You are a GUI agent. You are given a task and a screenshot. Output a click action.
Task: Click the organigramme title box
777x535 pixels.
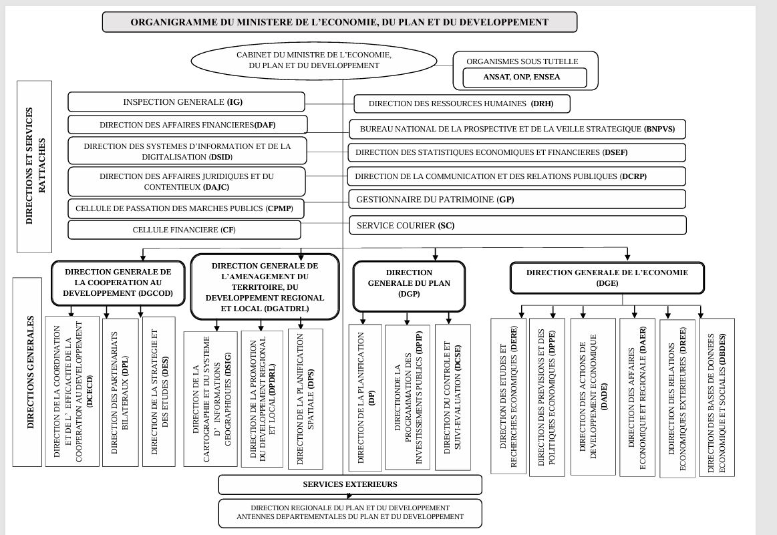(x=339, y=22)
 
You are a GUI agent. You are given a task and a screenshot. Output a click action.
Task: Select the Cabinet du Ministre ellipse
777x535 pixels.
(x=314, y=60)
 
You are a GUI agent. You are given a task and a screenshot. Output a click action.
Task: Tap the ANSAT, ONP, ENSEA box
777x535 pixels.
(x=522, y=77)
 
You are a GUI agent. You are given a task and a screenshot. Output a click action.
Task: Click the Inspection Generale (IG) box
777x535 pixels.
(x=186, y=102)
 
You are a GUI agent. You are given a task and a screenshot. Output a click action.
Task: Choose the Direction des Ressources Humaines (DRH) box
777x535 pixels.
(x=461, y=104)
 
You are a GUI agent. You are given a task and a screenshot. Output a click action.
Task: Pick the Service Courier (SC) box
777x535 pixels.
(x=517, y=226)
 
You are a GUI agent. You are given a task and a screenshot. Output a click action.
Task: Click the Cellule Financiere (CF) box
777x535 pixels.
(x=184, y=230)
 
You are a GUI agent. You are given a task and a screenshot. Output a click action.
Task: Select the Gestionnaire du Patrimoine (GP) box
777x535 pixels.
(x=517, y=199)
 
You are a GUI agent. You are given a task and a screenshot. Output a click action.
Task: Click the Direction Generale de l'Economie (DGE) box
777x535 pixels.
(x=607, y=278)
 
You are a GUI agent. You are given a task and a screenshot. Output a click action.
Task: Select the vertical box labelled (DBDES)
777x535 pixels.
(x=717, y=395)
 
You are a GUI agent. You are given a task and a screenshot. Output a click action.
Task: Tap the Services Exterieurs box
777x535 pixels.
(x=350, y=484)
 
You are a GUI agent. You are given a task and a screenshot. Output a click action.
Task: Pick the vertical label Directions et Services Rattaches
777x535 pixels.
(x=34, y=166)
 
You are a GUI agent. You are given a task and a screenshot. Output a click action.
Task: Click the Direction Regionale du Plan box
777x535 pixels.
(x=350, y=513)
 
